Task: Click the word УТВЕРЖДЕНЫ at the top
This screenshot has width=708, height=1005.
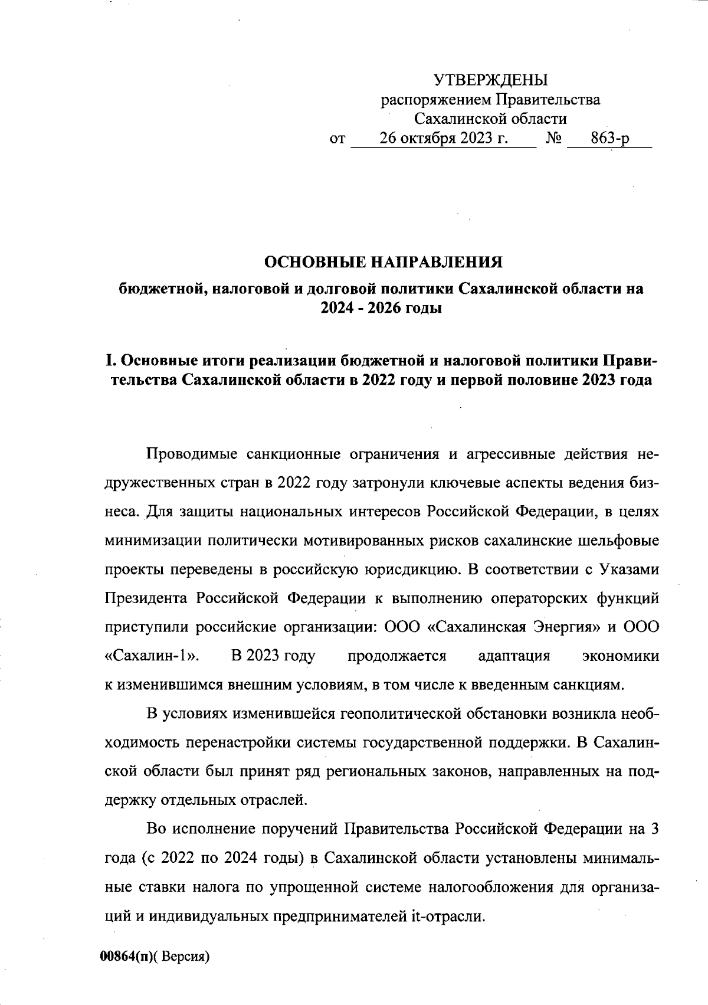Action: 490,80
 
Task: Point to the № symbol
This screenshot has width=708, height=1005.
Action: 553,139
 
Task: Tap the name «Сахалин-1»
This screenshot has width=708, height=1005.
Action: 151,656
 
